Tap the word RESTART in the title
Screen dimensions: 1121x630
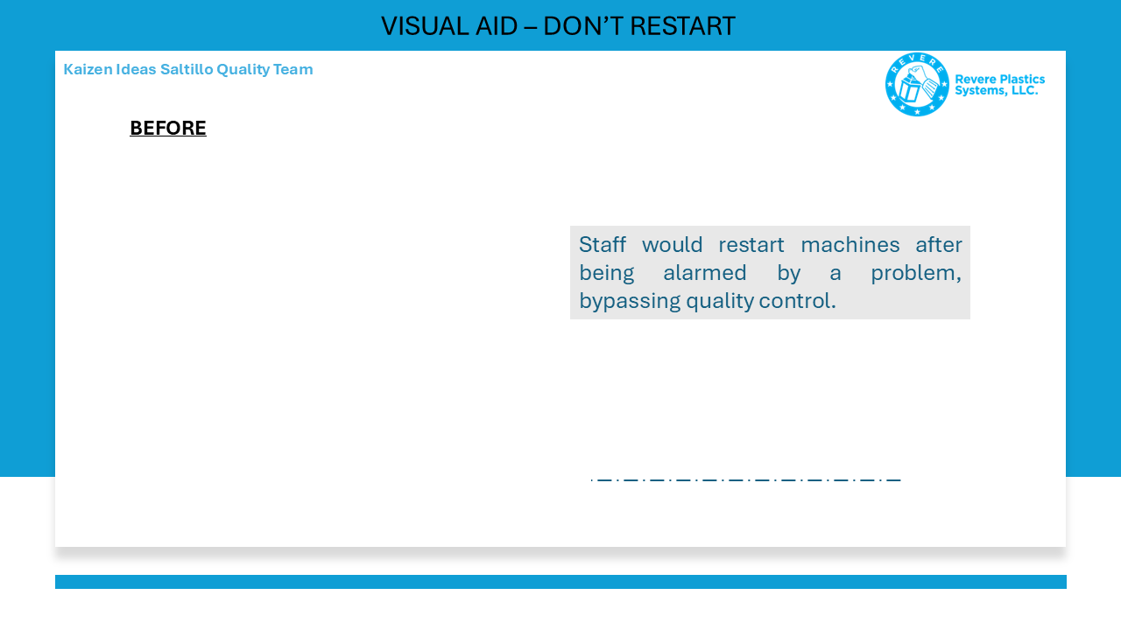[682, 26]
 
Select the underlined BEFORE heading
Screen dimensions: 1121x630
[168, 128]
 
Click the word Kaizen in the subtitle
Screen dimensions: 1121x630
[88, 69]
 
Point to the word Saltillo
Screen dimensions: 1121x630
[187, 69]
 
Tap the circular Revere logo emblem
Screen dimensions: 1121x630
[917, 85]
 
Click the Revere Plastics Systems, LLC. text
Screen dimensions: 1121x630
[999, 85]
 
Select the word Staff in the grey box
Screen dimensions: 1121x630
[602, 244]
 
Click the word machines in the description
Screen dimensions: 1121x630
[850, 245]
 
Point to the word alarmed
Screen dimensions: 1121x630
[705, 273]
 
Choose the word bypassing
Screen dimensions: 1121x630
[630, 301]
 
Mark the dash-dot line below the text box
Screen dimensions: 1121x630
[745, 480]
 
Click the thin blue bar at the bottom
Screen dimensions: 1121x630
[560, 582]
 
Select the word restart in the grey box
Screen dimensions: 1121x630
[751, 245]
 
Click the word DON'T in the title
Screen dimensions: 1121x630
[583, 26]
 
